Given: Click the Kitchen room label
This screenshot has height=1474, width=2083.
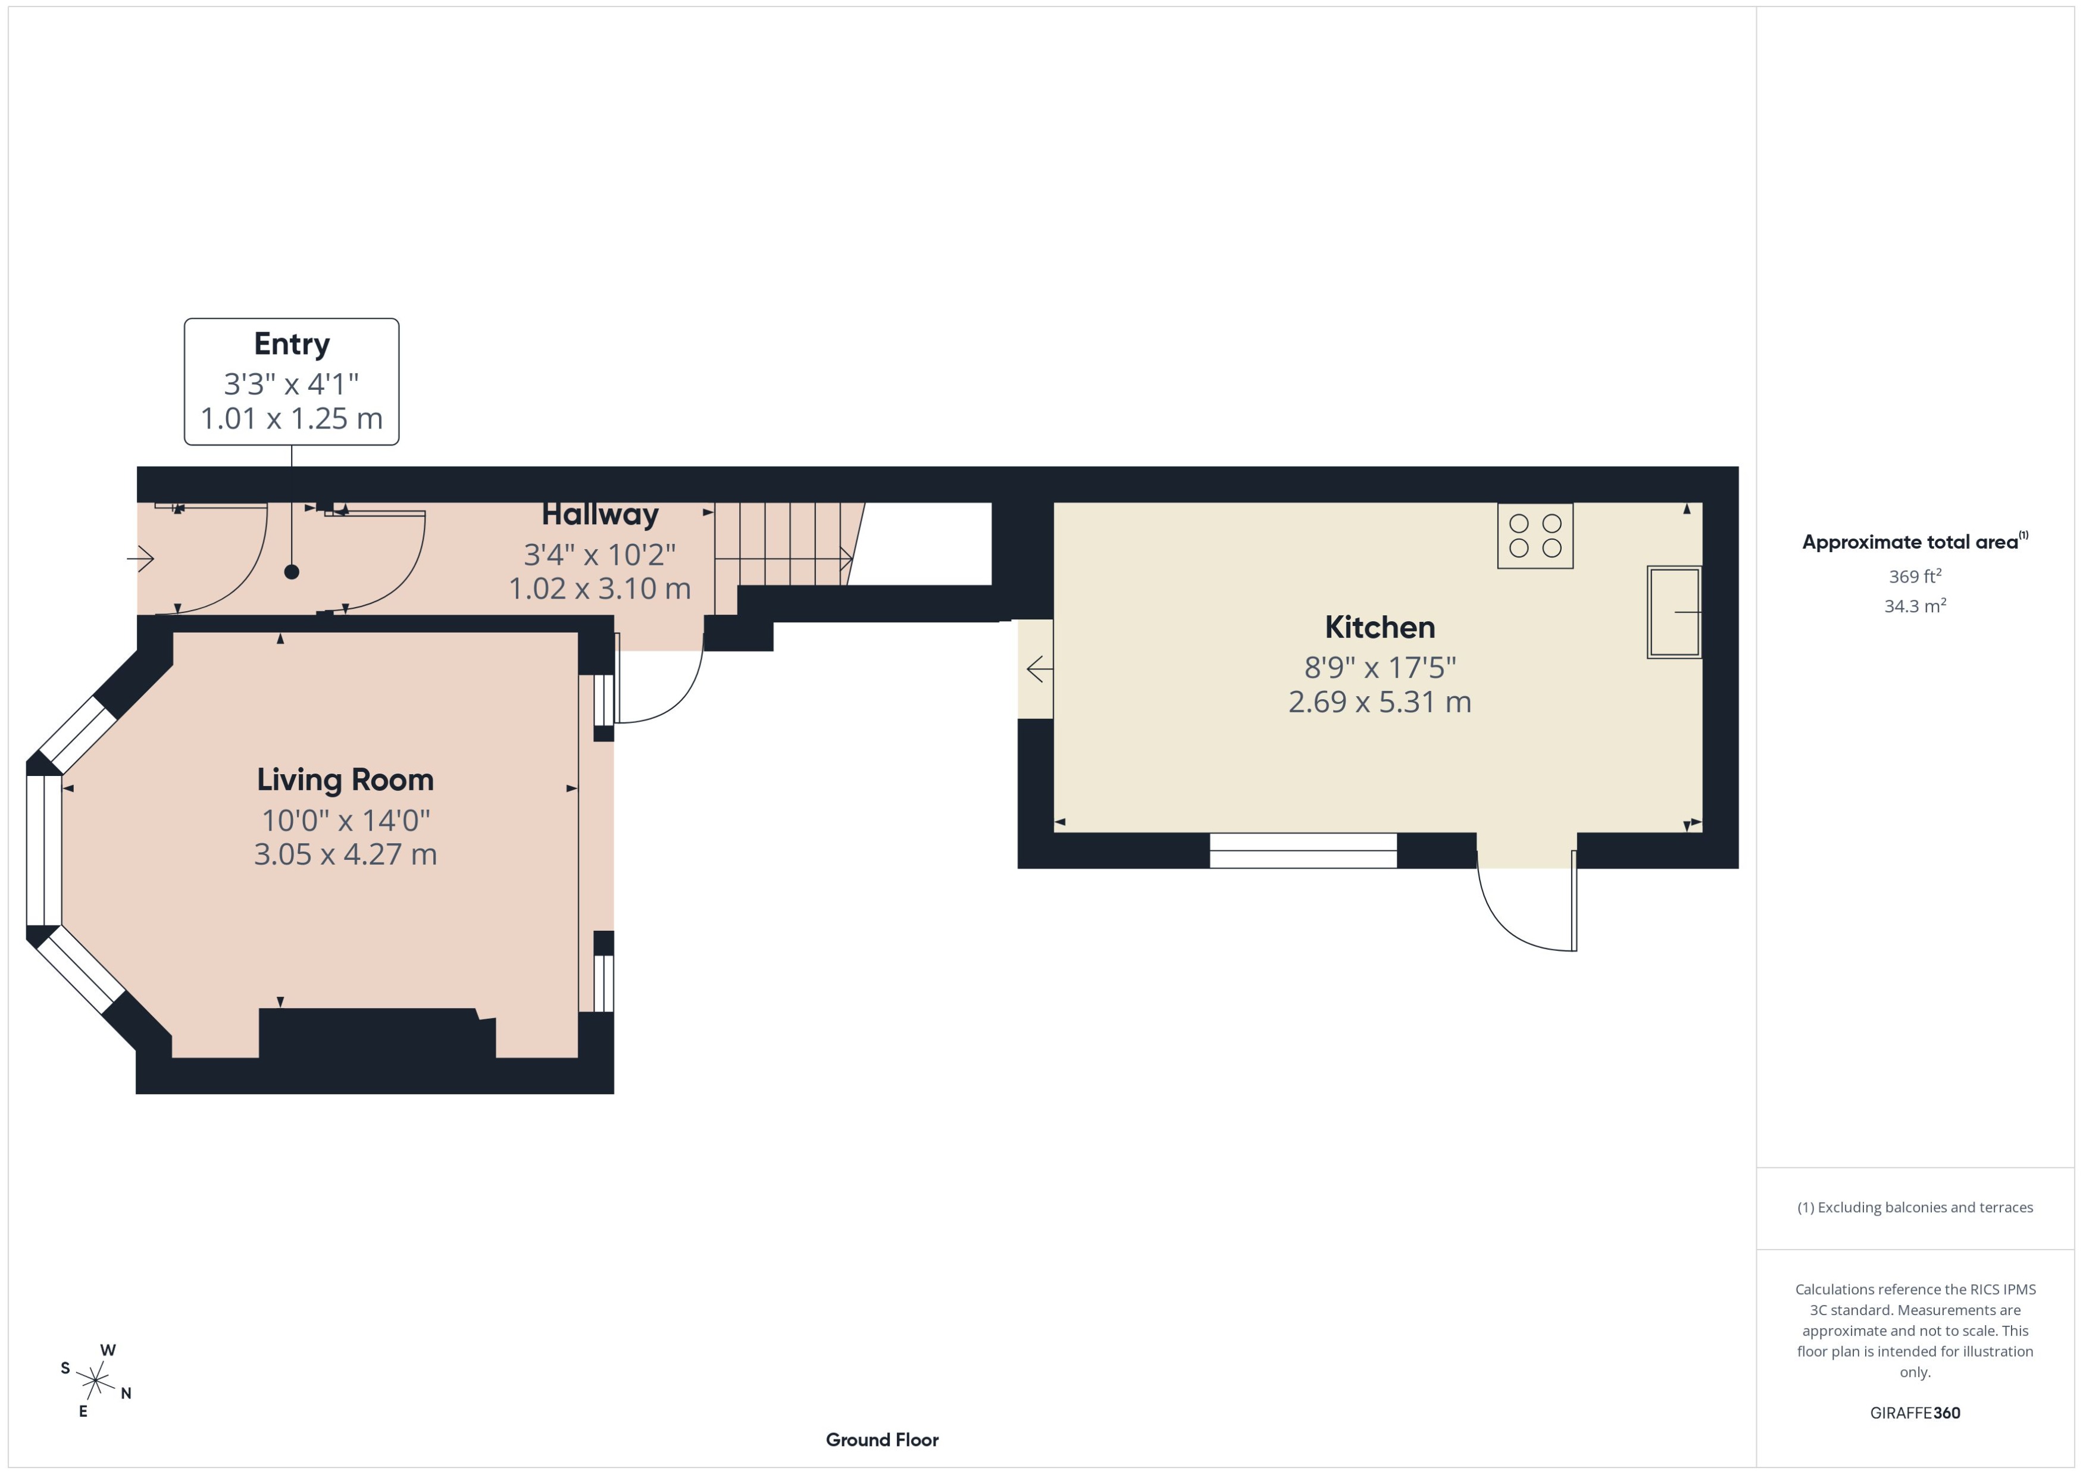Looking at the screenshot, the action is (1380, 627).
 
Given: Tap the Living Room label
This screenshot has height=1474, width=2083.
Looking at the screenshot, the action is (345, 780).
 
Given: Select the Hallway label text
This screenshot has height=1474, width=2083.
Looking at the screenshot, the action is (600, 515).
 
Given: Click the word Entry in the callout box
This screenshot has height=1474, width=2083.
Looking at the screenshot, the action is (292, 344).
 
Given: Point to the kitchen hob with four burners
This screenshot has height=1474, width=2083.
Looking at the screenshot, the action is (1535, 536).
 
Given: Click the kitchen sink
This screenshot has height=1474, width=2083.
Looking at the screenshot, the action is (1675, 612).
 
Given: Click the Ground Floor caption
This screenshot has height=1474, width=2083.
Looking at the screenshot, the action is (882, 1439).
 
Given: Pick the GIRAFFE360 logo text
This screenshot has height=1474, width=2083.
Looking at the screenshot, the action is (1915, 1413).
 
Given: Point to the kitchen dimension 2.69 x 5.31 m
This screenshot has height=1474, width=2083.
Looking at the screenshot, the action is (1380, 702).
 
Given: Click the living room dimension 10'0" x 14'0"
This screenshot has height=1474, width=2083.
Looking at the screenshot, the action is (345, 821).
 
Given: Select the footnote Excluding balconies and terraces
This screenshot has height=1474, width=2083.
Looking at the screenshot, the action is (1915, 1207).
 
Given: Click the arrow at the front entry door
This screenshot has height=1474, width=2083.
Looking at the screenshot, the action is (140, 558).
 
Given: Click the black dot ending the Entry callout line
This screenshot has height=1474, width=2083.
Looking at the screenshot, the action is (292, 572).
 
